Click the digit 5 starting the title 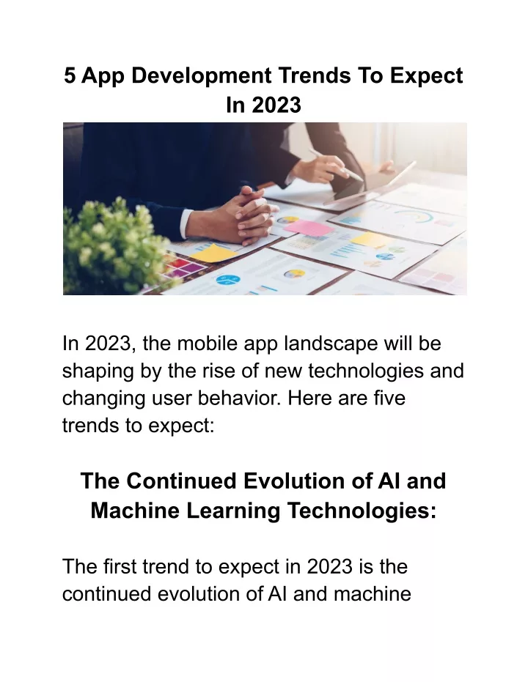pyautogui.click(x=70, y=75)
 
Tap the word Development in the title pyautogui.click(x=202, y=76)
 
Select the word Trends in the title pyautogui.click(x=315, y=75)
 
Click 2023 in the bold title pyautogui.click(x=276, y=105)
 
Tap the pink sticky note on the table pyautogui.click(x=309, y=228)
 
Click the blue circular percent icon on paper pyautogui.click(x=228, y=279)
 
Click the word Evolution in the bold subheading pyautogui.click(x=307, y=481)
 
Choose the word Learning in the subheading pyautogui.click(x=233, y=511)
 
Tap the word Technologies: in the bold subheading pyautogui.click(x=362, y=511)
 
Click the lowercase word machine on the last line pyautogui.click(x=373, y=594)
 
